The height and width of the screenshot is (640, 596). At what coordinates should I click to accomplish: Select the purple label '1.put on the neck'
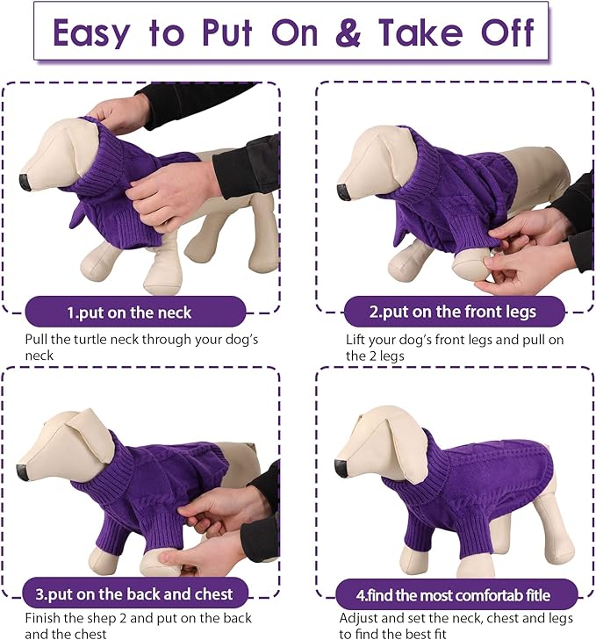click(x=129, y=312)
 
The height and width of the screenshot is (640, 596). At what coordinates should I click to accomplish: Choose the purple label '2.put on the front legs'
click(x=452, y=312)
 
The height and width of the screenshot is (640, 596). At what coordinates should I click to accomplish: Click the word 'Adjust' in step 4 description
click(x=360, y=617)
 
